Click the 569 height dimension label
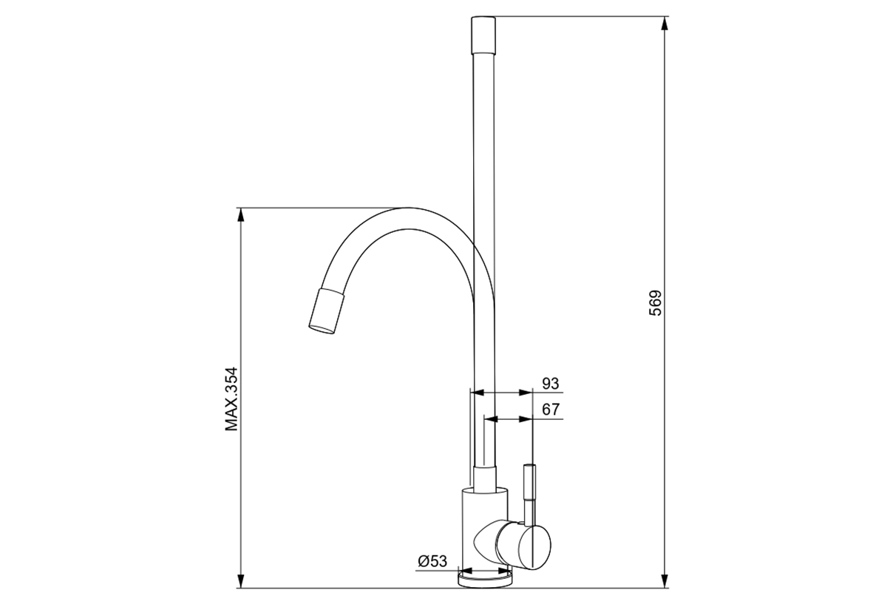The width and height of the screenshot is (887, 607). coord(656,303)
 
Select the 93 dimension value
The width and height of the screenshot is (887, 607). coord(551,383)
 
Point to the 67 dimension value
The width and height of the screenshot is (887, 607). coord(551,409)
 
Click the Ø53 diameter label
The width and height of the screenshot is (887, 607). coord(432,560)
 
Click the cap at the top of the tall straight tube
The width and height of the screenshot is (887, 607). coord(483,35)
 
